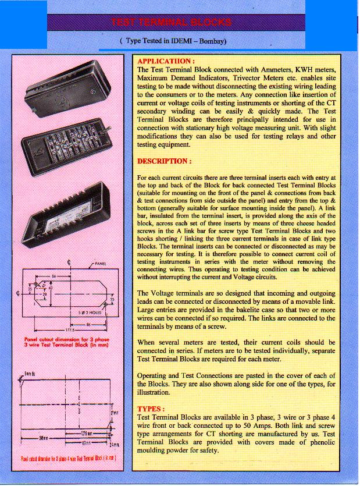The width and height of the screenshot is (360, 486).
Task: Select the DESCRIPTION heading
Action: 165,160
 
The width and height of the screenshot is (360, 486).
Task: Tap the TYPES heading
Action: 151,409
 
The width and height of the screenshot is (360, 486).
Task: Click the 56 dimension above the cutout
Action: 54,275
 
